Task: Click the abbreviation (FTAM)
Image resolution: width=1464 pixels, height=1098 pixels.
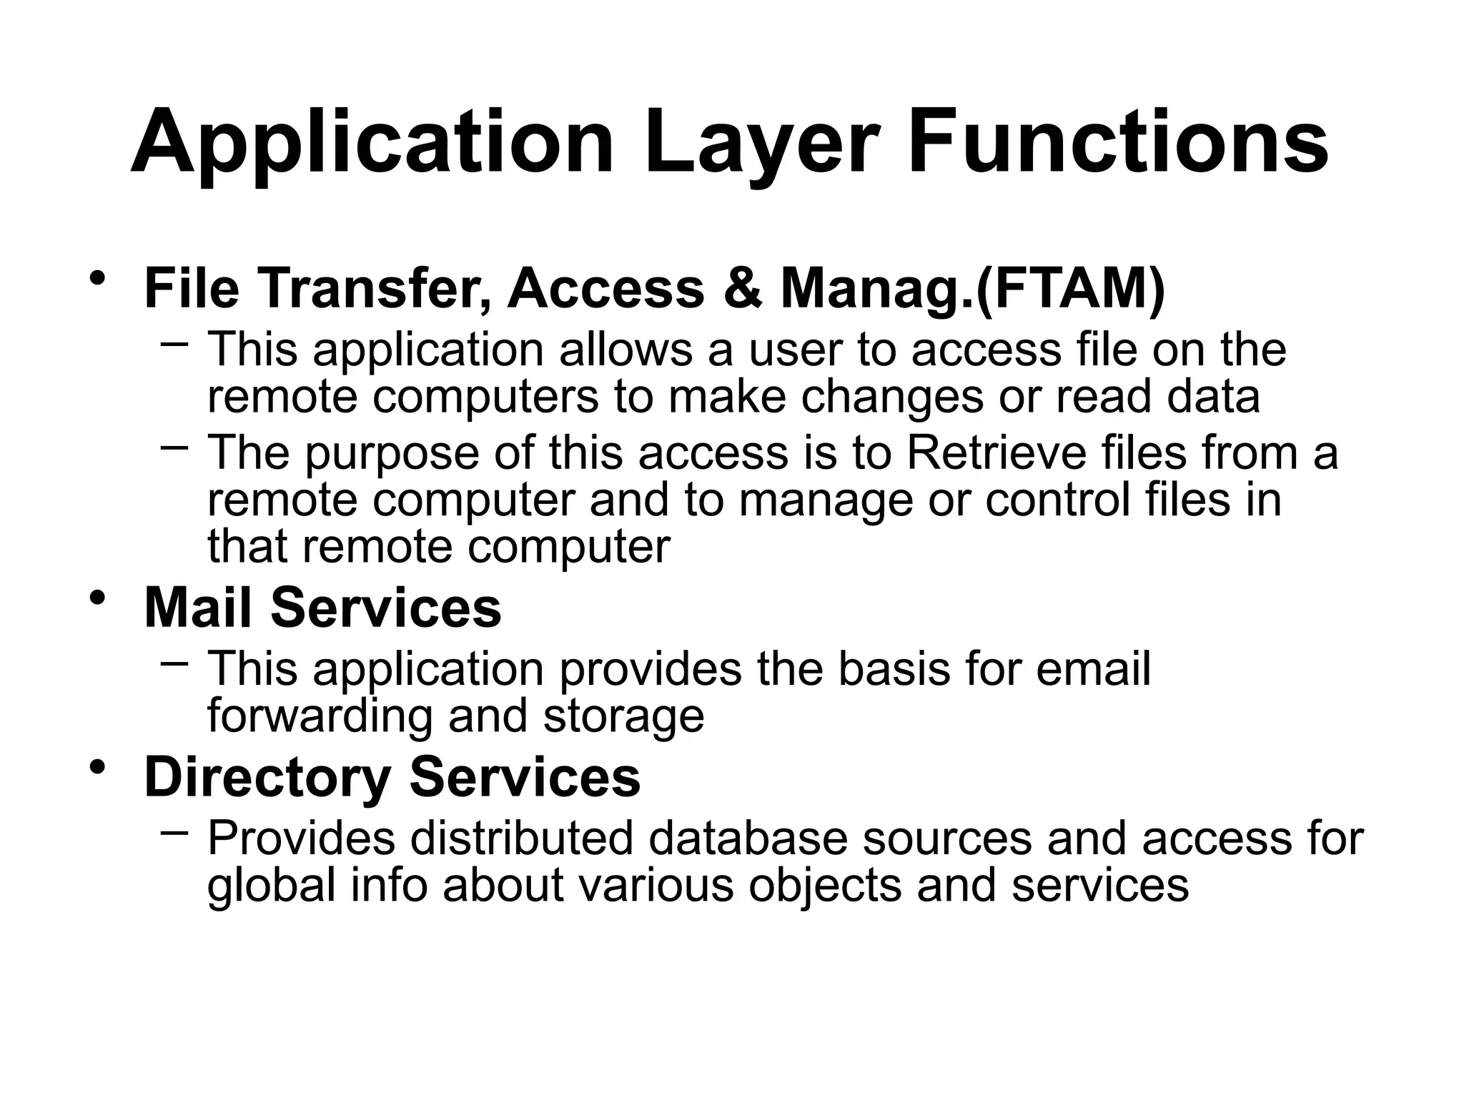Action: [1070, 289]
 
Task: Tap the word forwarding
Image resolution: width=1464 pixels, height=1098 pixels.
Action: [320, 716]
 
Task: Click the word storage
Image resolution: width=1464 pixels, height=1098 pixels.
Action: [623, 716]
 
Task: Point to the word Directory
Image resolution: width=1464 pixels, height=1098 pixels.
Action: [267, 778]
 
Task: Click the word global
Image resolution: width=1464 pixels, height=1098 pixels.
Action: [271, 885]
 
